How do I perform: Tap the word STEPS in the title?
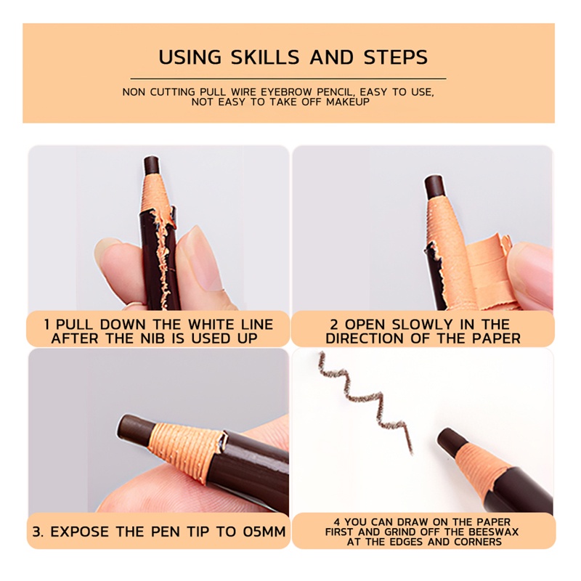click(x=396, y=57)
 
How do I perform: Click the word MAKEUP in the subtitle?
click(x=348, y=102)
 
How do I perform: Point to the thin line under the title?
click(x=288, y=79)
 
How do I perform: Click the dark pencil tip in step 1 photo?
click(x=152, y=166)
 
